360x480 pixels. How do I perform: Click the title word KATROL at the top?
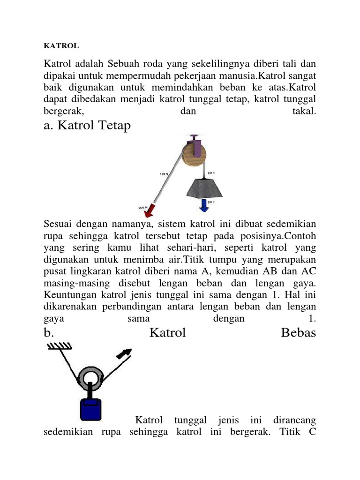pos(61,46)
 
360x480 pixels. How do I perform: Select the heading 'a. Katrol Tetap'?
pos(87,126)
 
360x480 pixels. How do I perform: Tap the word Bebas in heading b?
pos(299,333)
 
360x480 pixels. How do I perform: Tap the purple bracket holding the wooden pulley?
pos(197,149)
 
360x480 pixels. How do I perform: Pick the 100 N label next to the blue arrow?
pos(211,202)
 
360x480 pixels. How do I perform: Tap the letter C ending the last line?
pos(312,432)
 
